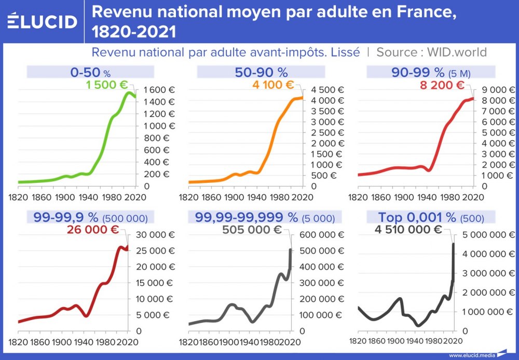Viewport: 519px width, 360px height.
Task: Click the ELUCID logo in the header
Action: (42, 21)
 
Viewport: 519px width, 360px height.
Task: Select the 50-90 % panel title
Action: (262, 72)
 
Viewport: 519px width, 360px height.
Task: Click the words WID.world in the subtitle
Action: (457, 52)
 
